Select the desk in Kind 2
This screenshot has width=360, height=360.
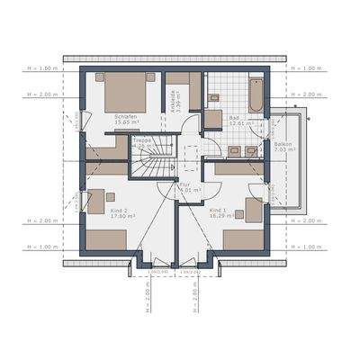[x=96, y=202]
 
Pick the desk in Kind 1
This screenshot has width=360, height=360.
[x=254, y=209]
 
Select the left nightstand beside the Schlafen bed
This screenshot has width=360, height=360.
[x=99, y=77]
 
